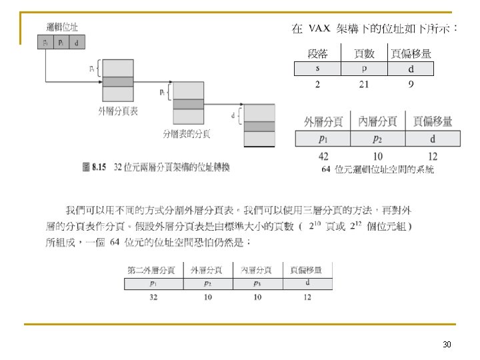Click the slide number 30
click(447, 345)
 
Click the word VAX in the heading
click(319, 29)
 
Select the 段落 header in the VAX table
click(317, 53)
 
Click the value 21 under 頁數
click(363, 84)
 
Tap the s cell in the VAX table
click(317, 69)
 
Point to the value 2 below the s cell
click(317, 84)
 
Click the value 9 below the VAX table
click(411, 84)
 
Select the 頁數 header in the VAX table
click(364, 53)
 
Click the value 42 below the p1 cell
click(323, 156)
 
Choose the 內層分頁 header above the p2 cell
click(378, 121)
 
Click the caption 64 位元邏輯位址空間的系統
click(377, 169)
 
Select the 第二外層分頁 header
click(151, 270)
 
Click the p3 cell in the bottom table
click(257, 283)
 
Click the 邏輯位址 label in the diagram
click(62, 27)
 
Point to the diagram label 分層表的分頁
click(187, 134)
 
